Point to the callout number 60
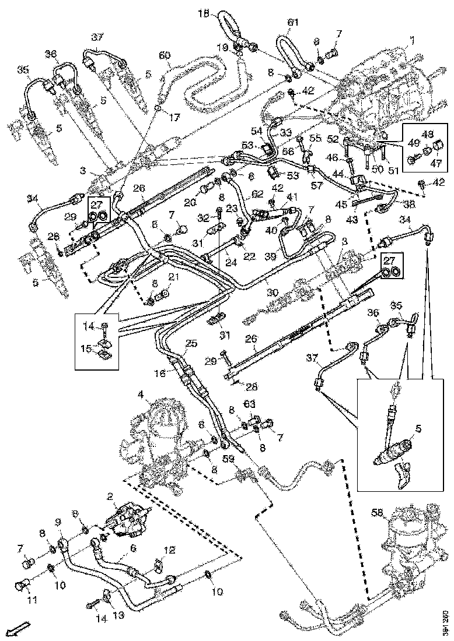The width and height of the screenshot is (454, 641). pyautogui.click(x=165, y=55)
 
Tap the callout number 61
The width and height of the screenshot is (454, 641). pyautogui.click(x=293, y=23)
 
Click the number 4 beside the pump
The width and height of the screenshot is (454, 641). pyautogui.click(x=141, y=395)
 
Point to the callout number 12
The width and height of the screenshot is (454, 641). pyautogui.click(x=169, y=550)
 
